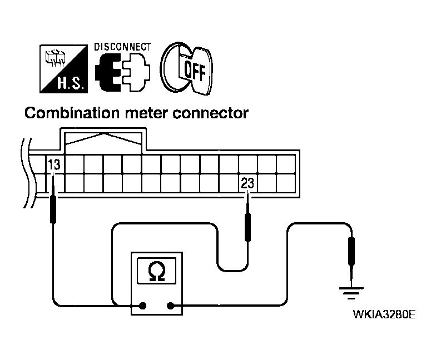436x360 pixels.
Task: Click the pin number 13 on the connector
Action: [x=54, y=164]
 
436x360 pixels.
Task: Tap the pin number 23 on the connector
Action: [x=247, y=183]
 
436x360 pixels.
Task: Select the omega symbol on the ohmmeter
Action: [x=157, y=271]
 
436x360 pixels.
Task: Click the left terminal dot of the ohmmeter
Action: [x=142, y=306]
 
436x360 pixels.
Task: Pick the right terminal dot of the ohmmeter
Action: [x=170, y=306]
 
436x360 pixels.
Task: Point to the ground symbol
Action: [x=351, y=293]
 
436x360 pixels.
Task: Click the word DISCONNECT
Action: [x=122, y=47]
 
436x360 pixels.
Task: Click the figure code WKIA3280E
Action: [x=384, y=314]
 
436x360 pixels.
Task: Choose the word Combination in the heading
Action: [x=72, y=113]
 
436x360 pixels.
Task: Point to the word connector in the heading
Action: [x=210, y=113]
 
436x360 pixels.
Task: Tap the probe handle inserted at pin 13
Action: [x=53, y=209]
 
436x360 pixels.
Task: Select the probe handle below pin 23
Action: [x=247, y=227]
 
